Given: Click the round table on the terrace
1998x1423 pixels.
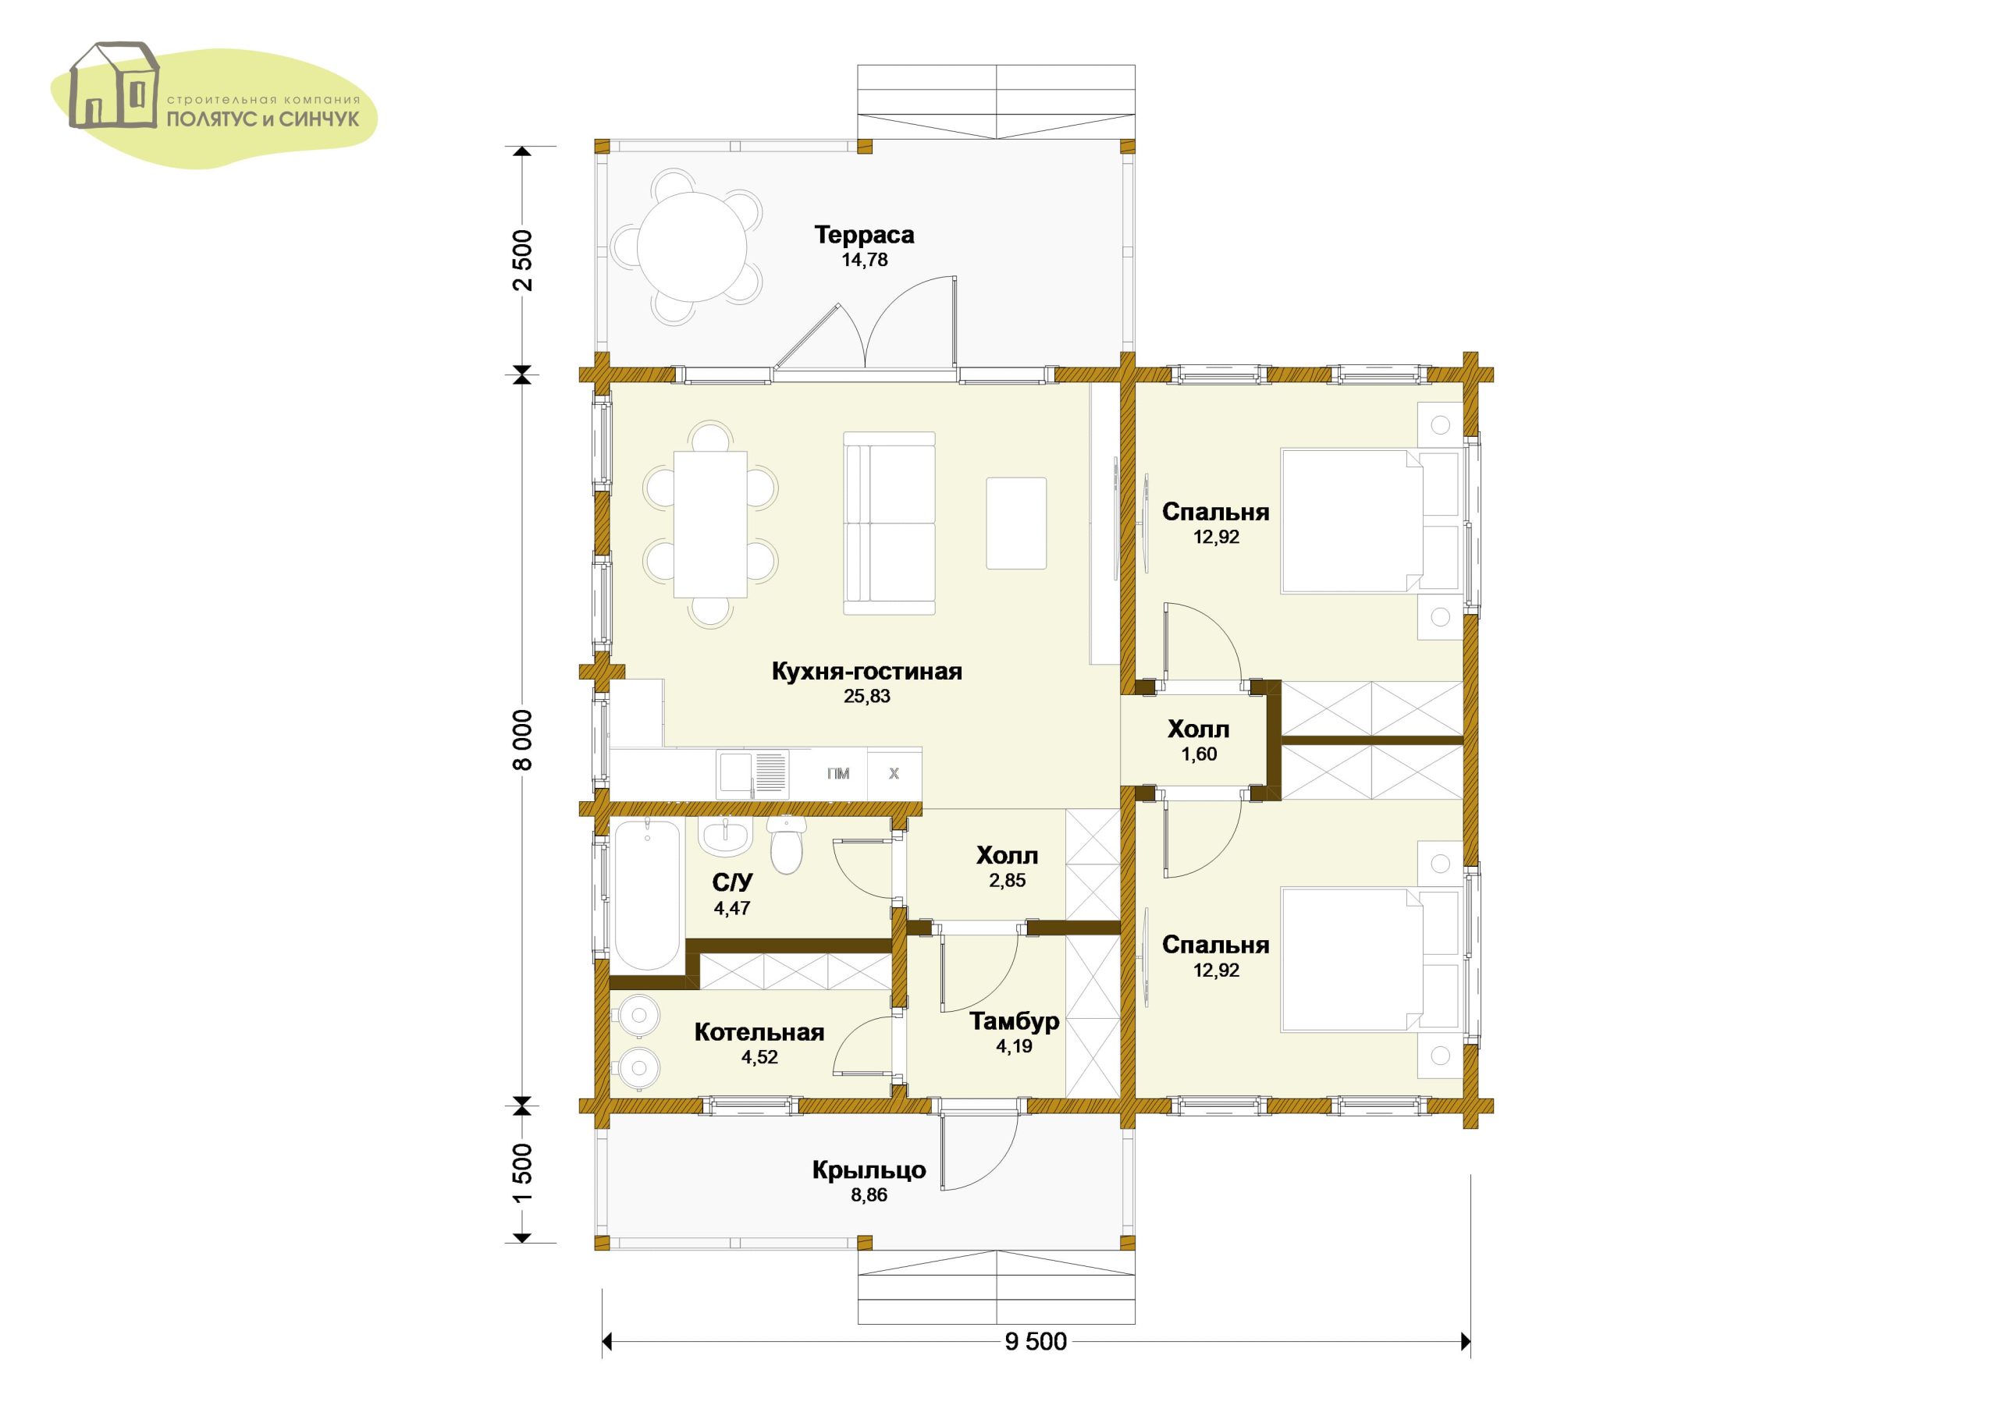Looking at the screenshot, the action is [x=693, y=247].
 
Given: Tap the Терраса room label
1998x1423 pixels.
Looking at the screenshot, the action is [x=864, y=235].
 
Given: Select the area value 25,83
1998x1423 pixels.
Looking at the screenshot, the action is [x=866, y=697].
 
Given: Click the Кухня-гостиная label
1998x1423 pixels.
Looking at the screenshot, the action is [x=866, y=671].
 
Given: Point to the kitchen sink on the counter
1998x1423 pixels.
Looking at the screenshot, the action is [x=752, y=774].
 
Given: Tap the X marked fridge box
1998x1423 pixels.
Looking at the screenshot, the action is [x=894, y=773].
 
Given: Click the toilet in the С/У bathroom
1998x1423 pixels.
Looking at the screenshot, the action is [x=785, y=846].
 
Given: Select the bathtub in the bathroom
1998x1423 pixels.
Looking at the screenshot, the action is [x=647, y=895].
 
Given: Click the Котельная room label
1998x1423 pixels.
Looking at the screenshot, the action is [x=759, y=1032].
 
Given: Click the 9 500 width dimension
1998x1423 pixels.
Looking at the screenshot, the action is [x=1036, y=1342].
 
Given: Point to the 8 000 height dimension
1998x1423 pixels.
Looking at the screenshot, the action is [x=522, y=740].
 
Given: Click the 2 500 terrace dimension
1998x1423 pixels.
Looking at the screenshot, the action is [x=522, y=261].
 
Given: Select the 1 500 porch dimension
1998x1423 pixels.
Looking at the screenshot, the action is [x=522, y=1174].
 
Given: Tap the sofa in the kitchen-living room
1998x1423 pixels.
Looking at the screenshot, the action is [x=890, y=523].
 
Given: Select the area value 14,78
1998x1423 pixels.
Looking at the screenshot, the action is [x=865, y=261].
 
